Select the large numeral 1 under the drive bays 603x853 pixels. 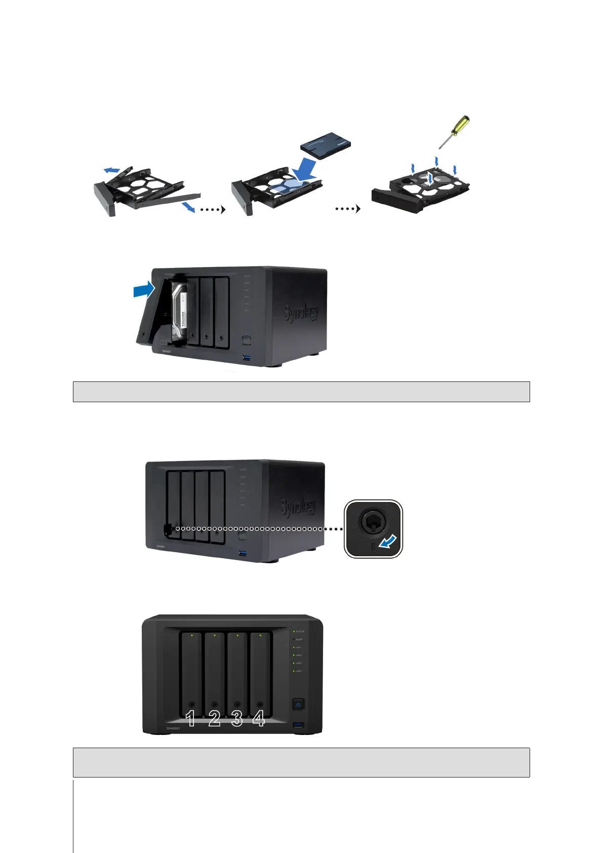(190, 718)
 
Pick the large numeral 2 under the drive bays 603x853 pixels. (214, 718)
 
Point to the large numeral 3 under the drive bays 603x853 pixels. (237, 718)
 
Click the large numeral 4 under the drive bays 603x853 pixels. (259, 718)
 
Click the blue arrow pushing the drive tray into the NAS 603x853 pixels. (143, 290)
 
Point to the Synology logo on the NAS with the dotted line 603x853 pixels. (299, 507)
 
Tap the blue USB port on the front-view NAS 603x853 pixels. (298, 726)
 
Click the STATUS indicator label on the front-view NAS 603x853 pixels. (300, 632)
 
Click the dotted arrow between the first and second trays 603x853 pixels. (211, 209)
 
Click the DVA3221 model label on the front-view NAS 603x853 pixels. (174, 728)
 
